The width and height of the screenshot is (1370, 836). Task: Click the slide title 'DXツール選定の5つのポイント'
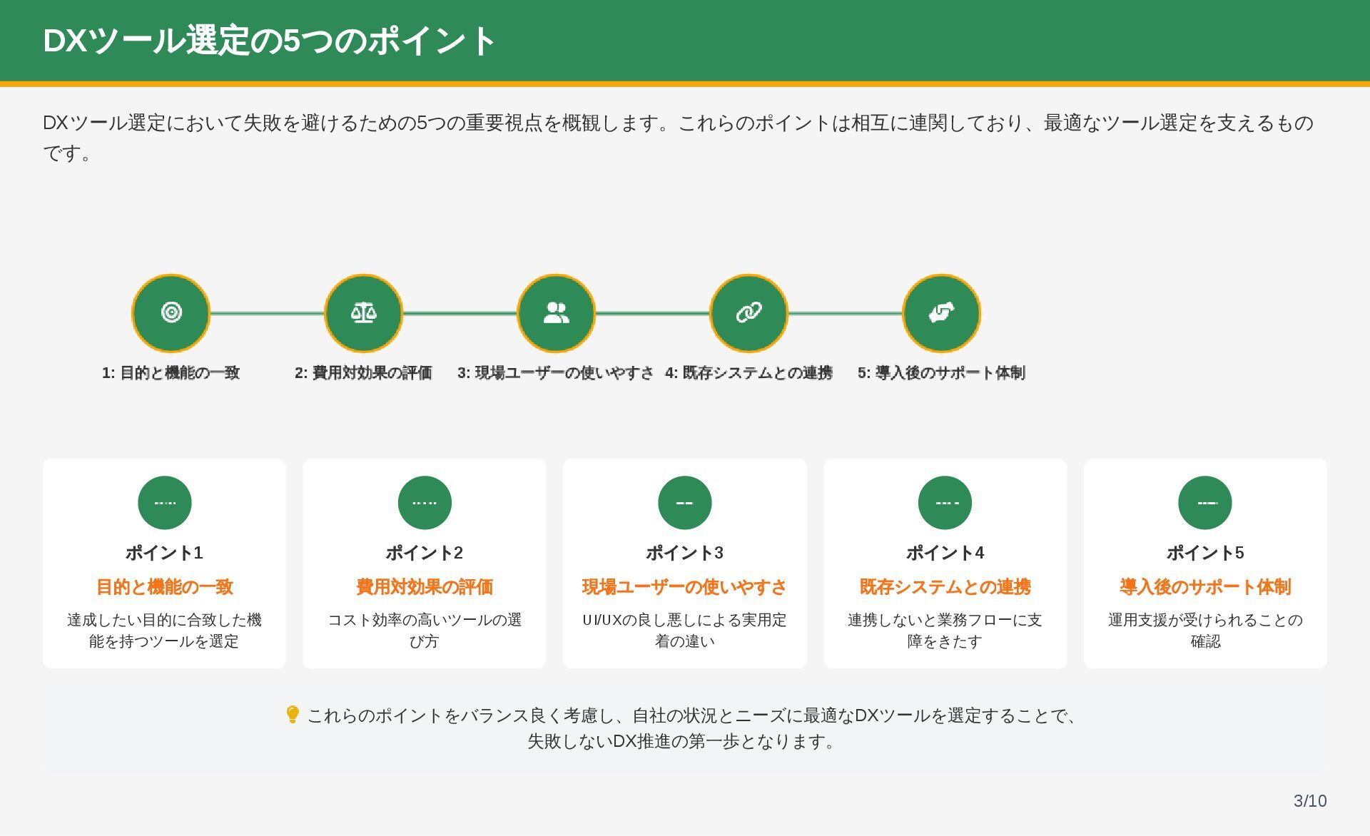coord(269,41)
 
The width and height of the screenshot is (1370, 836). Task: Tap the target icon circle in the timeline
coord(171,312)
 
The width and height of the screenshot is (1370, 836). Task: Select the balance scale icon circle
coord(364,312)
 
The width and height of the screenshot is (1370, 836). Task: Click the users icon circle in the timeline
coord(557,312)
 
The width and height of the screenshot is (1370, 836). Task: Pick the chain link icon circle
coord(749,312)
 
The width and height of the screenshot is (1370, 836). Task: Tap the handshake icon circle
coord(942,312)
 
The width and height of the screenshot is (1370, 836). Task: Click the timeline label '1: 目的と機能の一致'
coord(171,372)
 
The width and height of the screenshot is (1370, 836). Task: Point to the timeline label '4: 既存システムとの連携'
coord(749,372)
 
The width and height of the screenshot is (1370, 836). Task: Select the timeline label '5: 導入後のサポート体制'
coord(942,372)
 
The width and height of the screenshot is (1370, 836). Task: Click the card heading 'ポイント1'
coord(164,553)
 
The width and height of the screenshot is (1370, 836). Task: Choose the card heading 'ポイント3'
coord(685,553)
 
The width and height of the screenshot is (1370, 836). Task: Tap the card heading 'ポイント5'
coord(1205,553)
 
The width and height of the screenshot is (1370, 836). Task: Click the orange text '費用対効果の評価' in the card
coord(425,587)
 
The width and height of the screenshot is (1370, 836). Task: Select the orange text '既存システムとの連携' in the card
coord(945,587)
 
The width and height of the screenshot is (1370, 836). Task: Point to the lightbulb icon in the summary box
coord(292,714)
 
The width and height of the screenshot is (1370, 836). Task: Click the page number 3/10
coord(1310,801)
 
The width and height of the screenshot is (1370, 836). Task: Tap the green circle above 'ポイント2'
coord(425,503)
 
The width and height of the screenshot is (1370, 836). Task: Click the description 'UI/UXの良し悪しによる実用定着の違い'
coord(685,630)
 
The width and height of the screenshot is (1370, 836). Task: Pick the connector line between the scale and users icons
coord(460,312)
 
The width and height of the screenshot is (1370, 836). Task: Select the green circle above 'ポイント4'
coord(945,503)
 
